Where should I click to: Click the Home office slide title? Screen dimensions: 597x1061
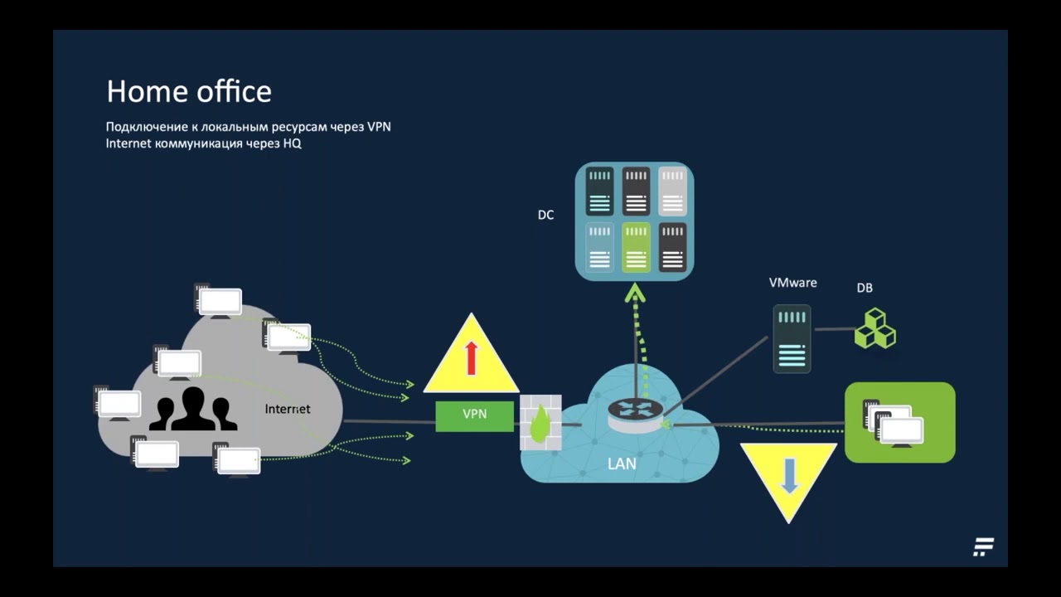tap(189, 91)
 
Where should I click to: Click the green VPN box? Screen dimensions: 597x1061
tap(474, 415)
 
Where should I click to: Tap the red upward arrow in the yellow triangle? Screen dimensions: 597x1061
tap(472, 357)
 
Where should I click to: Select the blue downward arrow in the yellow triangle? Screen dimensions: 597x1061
tap(789, 475)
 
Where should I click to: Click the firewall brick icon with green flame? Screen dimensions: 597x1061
tap(540, 423)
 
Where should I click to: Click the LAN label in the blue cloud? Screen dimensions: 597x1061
tap(622, 464)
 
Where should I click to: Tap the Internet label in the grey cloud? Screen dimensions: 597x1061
tap(287, 409)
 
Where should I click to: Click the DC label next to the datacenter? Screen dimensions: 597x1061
tap(545, 215)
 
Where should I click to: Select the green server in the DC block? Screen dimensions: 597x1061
tap(636, 247)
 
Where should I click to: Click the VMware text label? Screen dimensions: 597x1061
tap(792, 283)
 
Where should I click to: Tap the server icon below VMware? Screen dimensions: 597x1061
tap(792, 338)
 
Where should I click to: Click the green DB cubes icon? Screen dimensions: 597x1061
tap(874, 328)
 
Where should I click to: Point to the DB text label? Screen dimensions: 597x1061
tap(865, 288)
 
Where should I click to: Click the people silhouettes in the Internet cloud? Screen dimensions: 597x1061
tap(192, 409)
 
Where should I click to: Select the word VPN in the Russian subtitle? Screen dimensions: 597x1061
tap(379, 127)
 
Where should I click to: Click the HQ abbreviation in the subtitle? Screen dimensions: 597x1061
tap(293, 143)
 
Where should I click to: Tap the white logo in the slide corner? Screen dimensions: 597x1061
tap(983, 547)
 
